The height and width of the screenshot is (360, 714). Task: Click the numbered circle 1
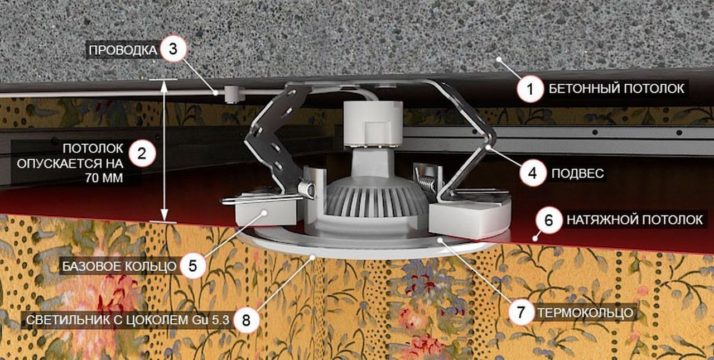[x=530, y=89]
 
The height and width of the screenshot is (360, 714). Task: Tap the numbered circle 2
[x=142, y=153]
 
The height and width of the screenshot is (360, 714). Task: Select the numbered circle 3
[x=173, y=49]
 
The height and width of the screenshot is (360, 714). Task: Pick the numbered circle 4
[x=533, y=173]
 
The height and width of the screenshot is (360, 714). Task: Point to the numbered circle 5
[x=192, y=266]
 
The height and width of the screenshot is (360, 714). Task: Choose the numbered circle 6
[x=549, y=220]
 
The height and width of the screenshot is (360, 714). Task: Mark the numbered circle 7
[x=521, y=312]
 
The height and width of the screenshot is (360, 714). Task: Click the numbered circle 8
[x=246, y=320]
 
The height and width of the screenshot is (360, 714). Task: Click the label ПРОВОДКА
[x=123, y=50]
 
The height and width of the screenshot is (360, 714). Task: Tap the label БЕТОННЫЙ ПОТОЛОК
[x=616, y=89]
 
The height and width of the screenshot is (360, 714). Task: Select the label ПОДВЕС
[x=577, y=174]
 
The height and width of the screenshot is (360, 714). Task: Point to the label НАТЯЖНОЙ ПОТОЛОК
[x=635, y=220]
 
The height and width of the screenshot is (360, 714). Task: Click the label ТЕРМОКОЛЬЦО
[x=586, y=313]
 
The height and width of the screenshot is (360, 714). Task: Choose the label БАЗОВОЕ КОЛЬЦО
[x=119, y=266]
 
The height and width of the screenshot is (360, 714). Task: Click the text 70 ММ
[x=104, y=178]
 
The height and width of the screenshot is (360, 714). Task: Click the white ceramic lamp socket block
[x=373, y=124]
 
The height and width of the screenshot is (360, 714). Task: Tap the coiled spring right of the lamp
[x=427, y=185]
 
